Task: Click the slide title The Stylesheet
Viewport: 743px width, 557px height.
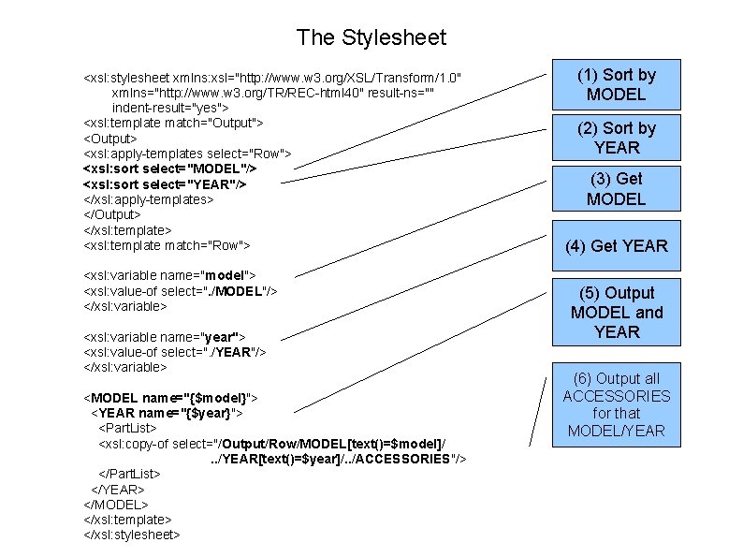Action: (371, 37)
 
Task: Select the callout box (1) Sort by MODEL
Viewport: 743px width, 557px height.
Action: (616, 84)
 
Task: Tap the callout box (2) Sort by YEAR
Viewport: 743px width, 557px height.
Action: (616, 138)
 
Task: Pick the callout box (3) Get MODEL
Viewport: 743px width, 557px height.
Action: (616, 188)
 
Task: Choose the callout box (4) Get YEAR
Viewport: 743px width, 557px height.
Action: (616, 246)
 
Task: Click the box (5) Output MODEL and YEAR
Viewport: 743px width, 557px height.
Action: (616, 313)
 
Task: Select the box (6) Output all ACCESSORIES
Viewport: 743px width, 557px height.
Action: (616, 404)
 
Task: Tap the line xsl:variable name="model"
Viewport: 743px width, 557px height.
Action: (169, 275)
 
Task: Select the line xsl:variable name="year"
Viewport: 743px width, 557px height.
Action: (165, 336)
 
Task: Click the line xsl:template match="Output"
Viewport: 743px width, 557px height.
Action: (173, 123)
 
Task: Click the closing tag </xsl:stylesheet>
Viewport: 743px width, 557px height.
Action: (132, 535)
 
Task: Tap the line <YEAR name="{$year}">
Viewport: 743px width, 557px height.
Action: (168, 413)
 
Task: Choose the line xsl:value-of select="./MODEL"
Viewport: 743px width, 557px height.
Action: (181, 291)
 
